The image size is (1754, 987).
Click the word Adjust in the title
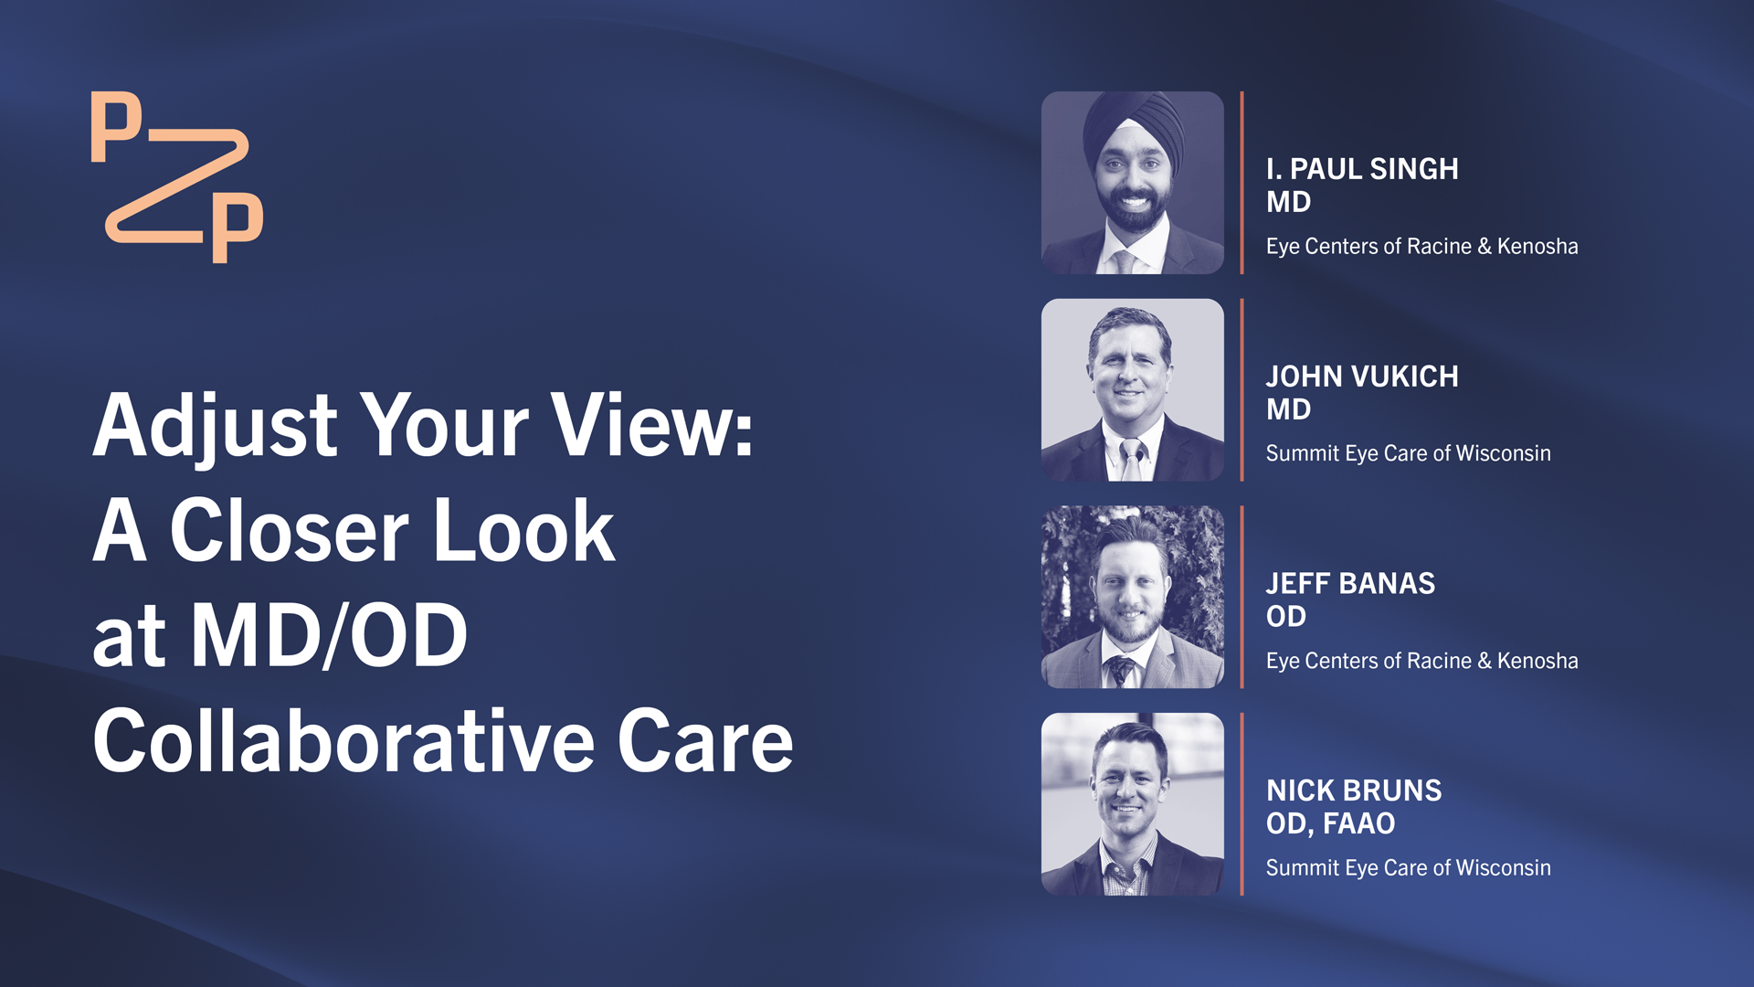coord(216,426)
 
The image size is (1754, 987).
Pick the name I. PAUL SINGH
coord(1362,169)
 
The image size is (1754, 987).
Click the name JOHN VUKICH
coord(1362,377)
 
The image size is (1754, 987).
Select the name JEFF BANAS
coord(1350,584)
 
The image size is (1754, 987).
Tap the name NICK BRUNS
coord(1354,791)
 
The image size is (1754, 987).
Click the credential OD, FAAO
coord(1330,823)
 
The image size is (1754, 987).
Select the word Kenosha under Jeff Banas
coord(1537,661)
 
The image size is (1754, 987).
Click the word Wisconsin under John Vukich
coord(1503,453)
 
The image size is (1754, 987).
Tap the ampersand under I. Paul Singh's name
coord(1485,247)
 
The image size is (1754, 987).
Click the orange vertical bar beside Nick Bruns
coord(1242,804)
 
